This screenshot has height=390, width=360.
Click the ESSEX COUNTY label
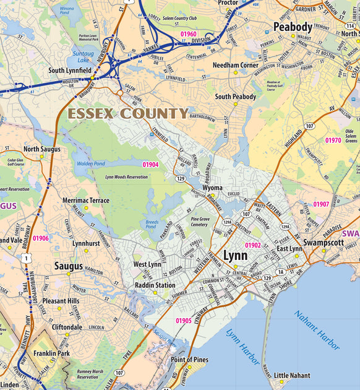(128, 114)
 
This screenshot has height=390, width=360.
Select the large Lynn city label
(235, 256)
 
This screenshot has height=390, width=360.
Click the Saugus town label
(68, 266)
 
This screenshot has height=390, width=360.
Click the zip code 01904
(150, 165)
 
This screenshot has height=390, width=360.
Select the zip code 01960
(189, 34)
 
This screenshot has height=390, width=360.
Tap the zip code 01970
(333, 141)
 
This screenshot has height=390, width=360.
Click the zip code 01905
(184, 320)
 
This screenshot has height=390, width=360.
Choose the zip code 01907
(321, 204)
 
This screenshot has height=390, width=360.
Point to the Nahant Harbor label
(316, 331)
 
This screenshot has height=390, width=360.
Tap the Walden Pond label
(90, 163)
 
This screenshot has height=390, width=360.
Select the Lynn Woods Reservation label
(126, 177)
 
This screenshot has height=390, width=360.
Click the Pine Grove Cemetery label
(199, 222)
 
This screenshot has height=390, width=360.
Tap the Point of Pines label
(189, 360)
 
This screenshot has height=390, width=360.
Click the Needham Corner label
(236, 65)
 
